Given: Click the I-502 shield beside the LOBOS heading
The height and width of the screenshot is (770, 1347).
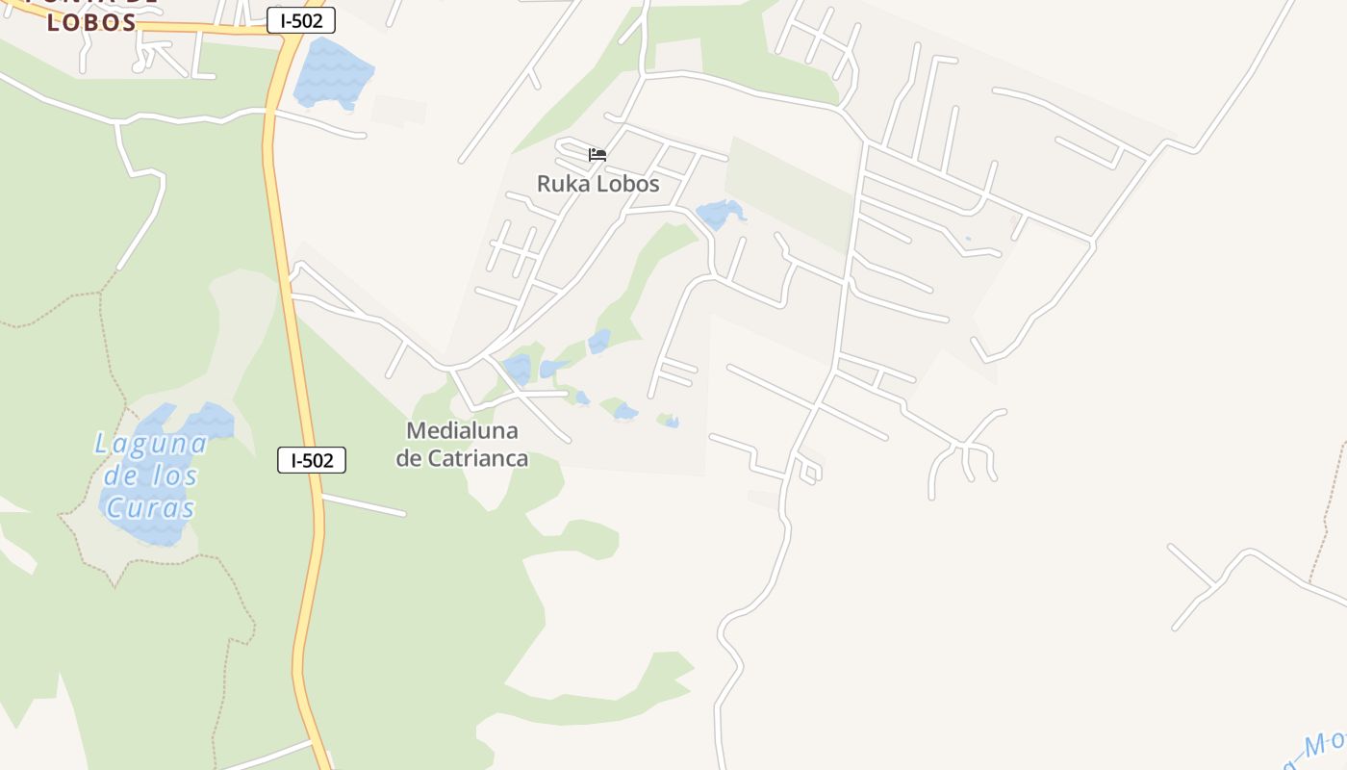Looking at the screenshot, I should (x=301, y=20).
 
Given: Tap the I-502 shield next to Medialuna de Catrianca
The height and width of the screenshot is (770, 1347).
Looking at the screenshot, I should (x=311, y=460).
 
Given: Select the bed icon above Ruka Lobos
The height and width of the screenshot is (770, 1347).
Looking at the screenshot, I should (x=597, y=154).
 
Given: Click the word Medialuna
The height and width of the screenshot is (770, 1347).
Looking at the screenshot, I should (x=462, y=430).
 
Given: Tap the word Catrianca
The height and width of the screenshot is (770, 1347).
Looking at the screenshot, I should (x=477, y=458).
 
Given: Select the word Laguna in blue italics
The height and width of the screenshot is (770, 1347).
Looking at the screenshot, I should (x=151, y=444).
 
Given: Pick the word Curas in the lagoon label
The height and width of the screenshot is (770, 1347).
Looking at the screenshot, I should (x=150, y=508).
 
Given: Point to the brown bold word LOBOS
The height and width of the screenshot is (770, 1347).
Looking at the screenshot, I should (x=91, y=22).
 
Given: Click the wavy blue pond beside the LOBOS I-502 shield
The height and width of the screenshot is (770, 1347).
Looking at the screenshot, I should (x=332, y=73).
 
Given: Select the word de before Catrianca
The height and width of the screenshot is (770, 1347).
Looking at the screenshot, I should (x=409, y=458).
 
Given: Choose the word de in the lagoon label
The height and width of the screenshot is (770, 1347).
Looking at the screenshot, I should (x=121, y=475).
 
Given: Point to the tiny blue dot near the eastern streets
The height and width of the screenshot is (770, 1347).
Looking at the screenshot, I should (x=967, y=239).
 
